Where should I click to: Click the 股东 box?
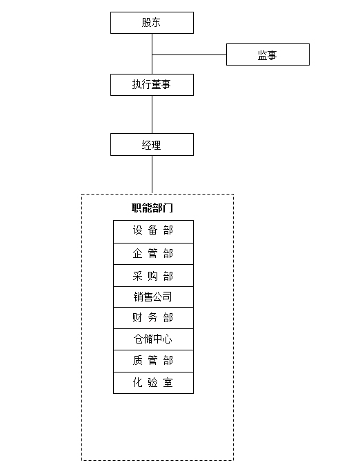pos(152,23)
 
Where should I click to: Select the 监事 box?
pos(268,54)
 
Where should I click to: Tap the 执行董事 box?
pos(152,85)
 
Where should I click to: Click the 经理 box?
pos(152,144)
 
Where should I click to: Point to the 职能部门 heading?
pos(152,208)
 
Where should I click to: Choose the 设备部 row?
pos(153,232)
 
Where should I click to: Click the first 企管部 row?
pos(153,254)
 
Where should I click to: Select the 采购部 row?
pos(153,276)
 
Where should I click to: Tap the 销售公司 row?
pos(153,297)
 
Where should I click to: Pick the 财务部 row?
pos(153,318)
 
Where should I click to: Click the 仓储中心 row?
pos(153,339)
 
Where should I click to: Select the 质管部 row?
pos(153,361)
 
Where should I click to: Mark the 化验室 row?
pos(153,383)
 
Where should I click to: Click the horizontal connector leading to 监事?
pos(189,54)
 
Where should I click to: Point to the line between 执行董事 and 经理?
pos(152,115)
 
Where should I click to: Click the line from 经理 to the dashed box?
pos(152,175)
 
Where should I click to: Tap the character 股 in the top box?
pos(146,22)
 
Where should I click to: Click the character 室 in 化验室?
pos(168,382)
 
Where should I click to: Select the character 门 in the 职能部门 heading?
pos(168,208)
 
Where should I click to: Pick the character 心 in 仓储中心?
pos(168,339)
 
